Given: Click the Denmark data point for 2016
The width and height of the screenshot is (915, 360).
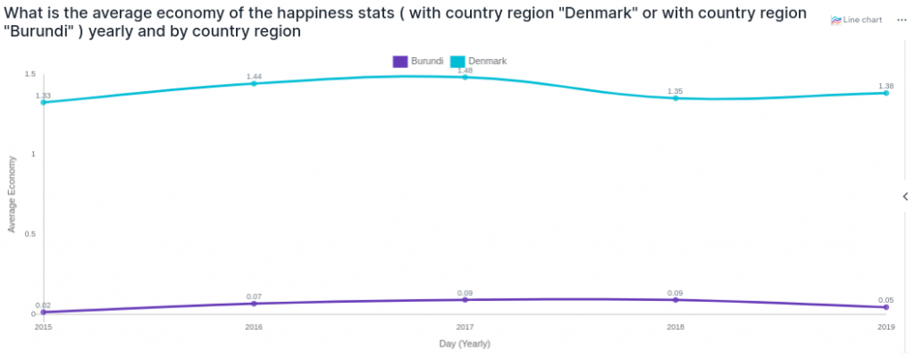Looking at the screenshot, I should (254, 83).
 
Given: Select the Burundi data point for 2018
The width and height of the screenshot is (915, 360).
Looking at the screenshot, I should (675, 300).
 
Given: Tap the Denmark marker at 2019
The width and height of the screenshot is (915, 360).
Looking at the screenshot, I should (886, 93).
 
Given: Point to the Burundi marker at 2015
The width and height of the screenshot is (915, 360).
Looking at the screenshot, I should (43, 312).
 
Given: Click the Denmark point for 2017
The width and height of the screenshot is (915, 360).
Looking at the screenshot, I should (465, 78).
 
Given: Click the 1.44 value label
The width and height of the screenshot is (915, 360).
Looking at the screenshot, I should (254, 76).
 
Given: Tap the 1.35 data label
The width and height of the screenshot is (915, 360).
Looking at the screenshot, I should (675, 91).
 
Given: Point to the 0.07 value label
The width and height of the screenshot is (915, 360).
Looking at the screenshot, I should (254, 297).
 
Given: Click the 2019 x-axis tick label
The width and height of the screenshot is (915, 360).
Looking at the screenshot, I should (886, 328).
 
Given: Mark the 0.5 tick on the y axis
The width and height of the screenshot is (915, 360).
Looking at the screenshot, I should (29, 234).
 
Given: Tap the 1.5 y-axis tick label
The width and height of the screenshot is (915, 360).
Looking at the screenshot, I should (29, 74).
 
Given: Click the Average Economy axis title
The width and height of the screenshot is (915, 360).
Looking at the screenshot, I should (12, 194).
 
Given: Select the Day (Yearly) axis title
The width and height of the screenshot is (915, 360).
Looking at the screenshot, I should (465, 344).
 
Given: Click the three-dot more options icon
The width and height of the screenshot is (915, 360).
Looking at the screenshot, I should (902, 20).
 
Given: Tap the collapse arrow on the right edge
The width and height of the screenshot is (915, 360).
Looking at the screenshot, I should (905, 196).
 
